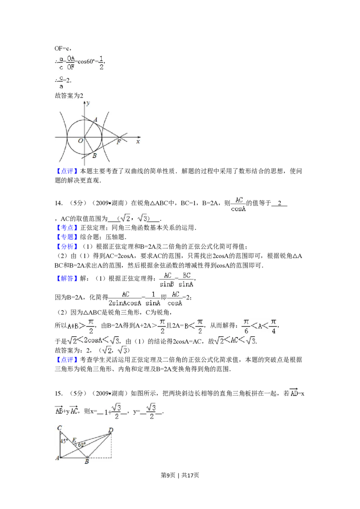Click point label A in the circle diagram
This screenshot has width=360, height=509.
95,120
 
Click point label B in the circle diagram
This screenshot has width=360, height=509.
94,156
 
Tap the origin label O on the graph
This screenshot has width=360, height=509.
80,141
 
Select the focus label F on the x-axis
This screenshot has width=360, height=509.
119,142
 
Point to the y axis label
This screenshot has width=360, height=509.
88,103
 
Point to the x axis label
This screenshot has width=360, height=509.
138,141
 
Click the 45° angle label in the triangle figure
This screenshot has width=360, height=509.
64,441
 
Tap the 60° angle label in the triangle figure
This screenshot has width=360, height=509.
81,445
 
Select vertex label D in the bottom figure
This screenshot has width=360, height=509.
111,430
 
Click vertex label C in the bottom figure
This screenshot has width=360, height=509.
59,428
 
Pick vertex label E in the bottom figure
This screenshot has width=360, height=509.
74,440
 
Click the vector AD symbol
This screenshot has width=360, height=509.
293,393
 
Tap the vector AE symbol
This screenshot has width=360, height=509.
59,410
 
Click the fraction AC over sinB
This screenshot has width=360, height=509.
168,279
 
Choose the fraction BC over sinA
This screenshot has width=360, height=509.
187,279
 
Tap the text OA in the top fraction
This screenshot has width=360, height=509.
72,58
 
